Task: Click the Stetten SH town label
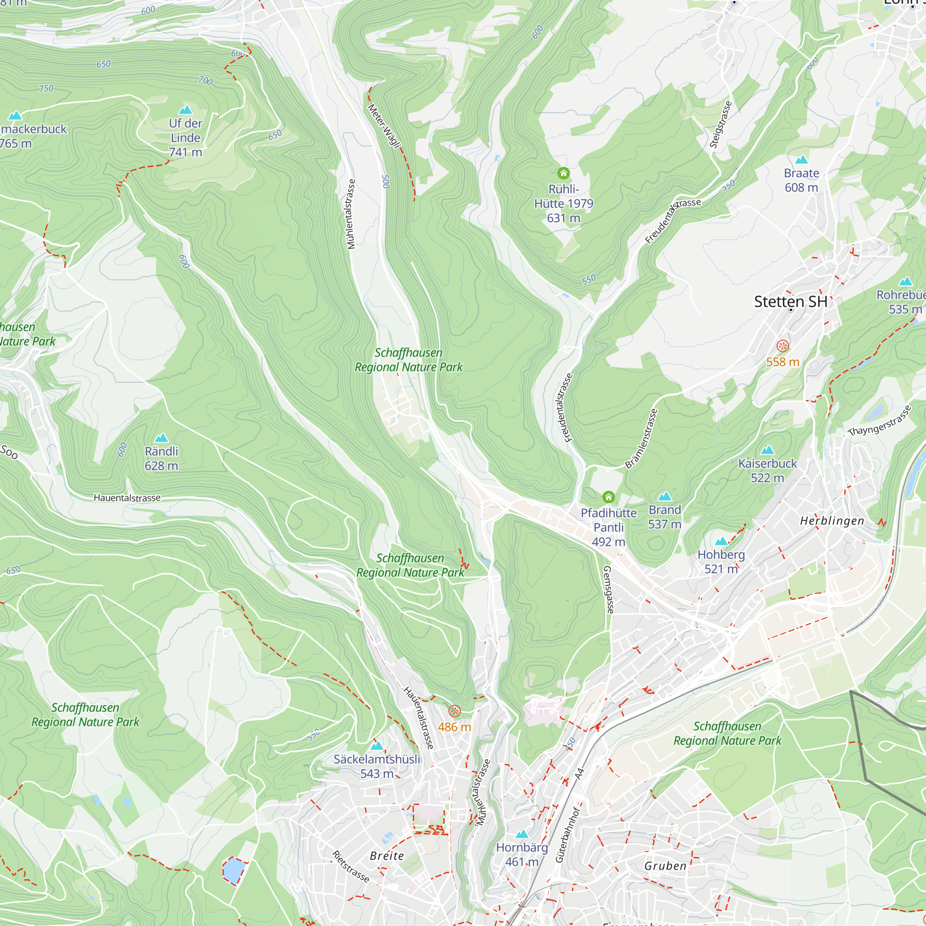[790, 301]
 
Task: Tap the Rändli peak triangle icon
[162, 438]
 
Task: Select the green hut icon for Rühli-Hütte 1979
[563, 173]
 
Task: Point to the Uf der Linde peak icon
[186, 110]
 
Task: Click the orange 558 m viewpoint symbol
[782, 346]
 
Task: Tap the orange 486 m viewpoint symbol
[454, 711]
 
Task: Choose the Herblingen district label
[832, 521]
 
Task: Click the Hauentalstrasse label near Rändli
[127, 498]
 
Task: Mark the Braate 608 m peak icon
[801, 160]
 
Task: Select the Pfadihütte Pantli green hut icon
[608, 496]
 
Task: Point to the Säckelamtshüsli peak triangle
[377, 746]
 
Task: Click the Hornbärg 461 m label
[522, 855]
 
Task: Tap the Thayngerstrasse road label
[879, 421]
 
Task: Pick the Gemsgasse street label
[608, 589]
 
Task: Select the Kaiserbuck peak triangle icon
[767, 450]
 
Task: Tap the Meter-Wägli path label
[384, 126]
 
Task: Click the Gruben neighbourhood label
[665, 866]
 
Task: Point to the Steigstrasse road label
[721, 125]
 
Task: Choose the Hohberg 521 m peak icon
[721, 542]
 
